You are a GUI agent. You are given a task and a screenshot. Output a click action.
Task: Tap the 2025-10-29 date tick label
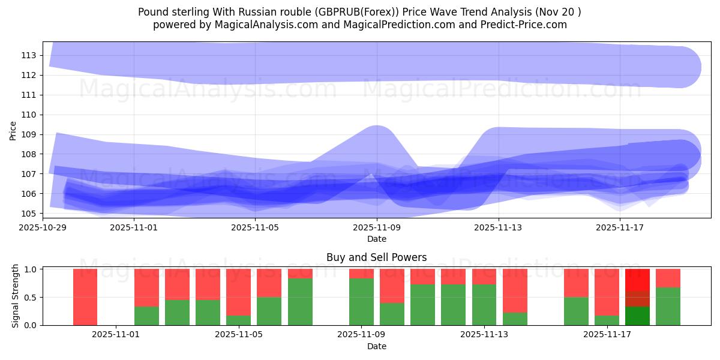pos(43,227)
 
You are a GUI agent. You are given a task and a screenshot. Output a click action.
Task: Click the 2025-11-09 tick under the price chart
pos(376,227)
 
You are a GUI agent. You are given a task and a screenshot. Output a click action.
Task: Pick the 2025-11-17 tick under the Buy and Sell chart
pos(608,334)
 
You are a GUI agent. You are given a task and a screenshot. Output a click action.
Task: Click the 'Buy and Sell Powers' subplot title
pos(376,257)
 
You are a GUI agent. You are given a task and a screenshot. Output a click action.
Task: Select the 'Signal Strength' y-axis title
pos(16,296)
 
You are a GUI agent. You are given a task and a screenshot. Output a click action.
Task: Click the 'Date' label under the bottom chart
pos(376,346)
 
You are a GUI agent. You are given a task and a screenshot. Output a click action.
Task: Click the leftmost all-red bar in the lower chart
pos(85,297)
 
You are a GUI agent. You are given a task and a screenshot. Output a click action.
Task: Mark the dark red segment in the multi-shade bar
pos(637,299)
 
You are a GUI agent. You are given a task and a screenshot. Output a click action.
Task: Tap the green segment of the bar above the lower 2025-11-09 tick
pos(361,302)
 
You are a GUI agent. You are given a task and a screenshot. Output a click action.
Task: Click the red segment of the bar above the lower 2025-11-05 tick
pos(238,292)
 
